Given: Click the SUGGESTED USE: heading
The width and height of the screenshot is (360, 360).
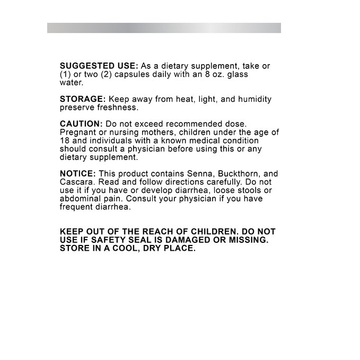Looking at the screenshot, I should click(99, 66).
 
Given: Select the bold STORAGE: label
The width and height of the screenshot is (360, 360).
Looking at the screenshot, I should click(83, 99).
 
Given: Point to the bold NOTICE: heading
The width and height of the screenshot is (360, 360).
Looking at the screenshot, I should click(77, 174).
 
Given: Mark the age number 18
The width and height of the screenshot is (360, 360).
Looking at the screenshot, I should click(65, 141).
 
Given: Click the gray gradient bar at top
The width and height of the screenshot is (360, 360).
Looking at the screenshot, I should click(164, 28).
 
